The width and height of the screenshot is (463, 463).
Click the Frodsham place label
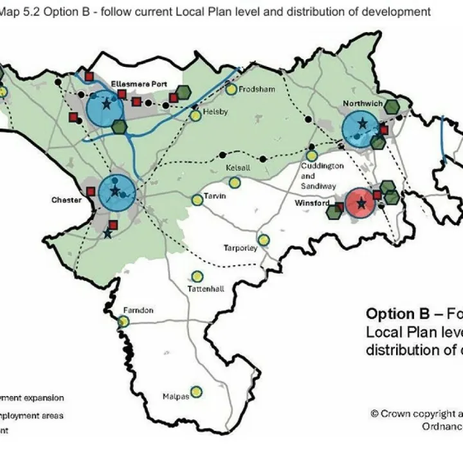pos(257,90)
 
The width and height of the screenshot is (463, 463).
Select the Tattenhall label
pos(206,289)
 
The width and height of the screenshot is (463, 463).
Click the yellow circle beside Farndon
pos(124,322)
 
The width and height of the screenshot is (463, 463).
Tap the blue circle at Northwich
pos(361,129)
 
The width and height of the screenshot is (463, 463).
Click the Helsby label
pos(215,111)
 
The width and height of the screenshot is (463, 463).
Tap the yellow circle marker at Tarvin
pos(197,200)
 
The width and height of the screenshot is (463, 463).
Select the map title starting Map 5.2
pos(216,12)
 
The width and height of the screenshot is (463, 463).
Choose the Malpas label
pos(176,397)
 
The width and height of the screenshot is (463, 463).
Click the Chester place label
pos(67,201)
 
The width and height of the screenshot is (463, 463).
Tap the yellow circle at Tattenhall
pos(197,277)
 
